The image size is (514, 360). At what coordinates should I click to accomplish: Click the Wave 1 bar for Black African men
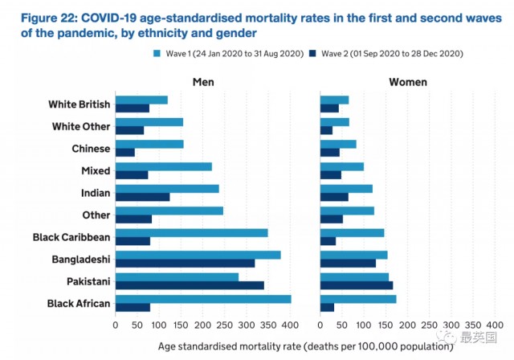click(202, 299)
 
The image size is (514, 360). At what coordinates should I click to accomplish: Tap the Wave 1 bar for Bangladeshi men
click(198, 255)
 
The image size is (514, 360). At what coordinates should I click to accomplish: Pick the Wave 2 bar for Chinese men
click(124, 152)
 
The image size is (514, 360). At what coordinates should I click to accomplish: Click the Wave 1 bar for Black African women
click(357, 299)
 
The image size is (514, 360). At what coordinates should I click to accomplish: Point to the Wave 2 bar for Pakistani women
click(356, 284)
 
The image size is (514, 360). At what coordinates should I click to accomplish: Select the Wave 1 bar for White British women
click(333, 100)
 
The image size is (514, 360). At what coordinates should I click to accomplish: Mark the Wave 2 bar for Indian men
click(142, 196)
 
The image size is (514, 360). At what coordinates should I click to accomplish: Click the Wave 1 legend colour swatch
click(157, 54)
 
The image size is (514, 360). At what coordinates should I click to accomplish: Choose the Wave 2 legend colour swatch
click(314, 54)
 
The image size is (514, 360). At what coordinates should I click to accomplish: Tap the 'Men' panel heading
click(202, 82)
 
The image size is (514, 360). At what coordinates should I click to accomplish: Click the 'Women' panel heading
click(408, 82)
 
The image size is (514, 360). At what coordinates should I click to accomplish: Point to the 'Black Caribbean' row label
click(71, 237)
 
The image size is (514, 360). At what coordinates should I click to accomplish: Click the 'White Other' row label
click(81, 126)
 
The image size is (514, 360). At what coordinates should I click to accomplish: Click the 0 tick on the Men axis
click(116, 325)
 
